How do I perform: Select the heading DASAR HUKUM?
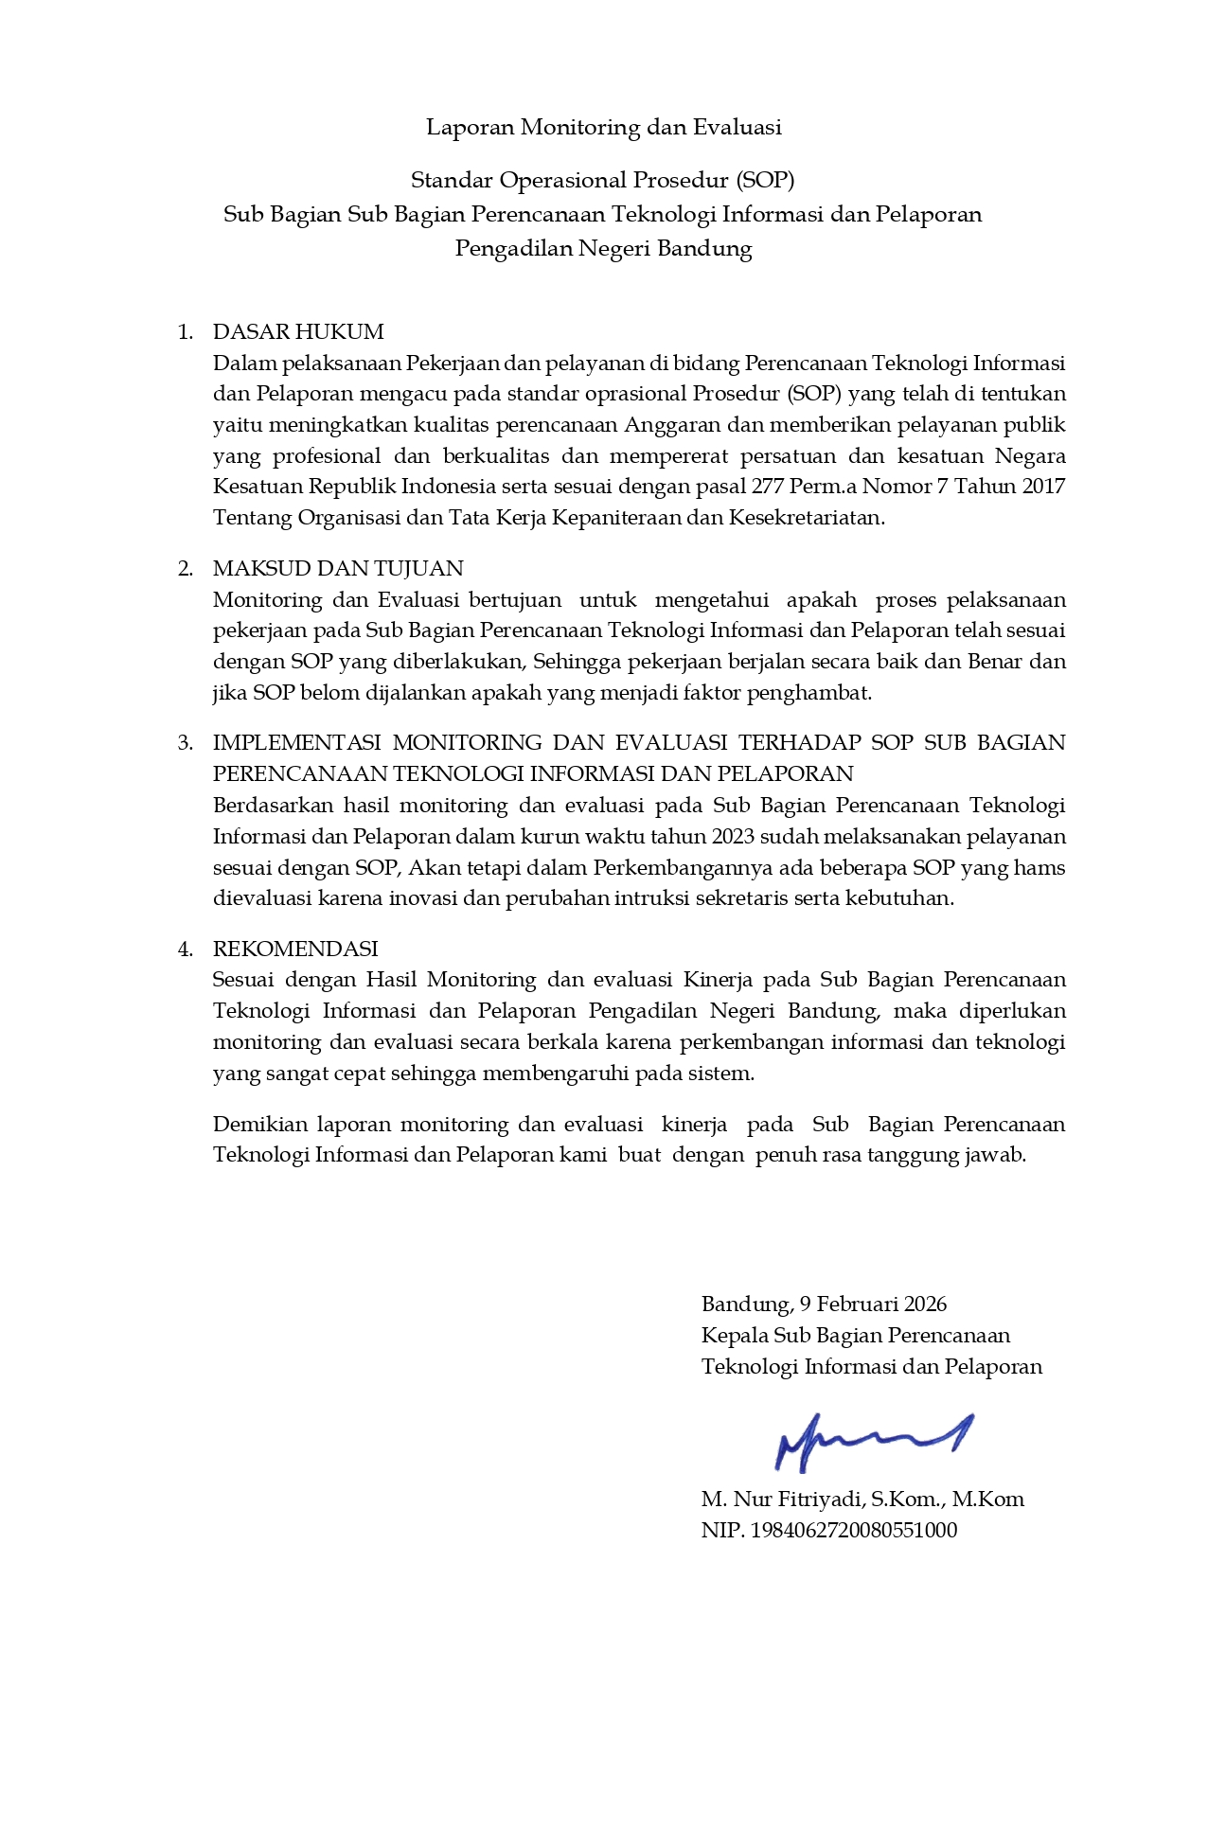[x=298, y=331]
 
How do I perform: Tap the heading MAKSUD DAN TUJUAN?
[x=338, y=568]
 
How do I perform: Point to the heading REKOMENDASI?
[x=295, y=949]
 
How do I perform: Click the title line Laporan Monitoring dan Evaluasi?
[x=603, y=127]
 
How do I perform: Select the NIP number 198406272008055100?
[x=853, y=1530]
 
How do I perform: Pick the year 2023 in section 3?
[x=734, y=837]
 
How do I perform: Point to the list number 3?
[x=186, y=742]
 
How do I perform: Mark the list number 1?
[x=186, y=331]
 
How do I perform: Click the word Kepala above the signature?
[x=734, y=1335]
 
